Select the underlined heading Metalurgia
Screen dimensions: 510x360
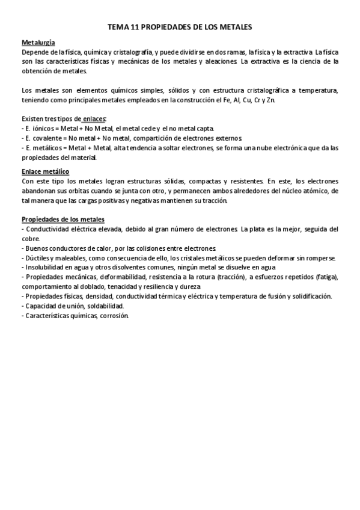coord(38,43)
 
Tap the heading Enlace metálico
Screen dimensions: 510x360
coord(45,171)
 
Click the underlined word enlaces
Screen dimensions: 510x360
coord(93,119)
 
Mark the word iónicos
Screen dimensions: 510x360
coord(39,129)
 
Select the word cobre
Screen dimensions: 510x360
coord(30,238)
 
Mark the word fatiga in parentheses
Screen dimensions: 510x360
coord(324,277)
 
